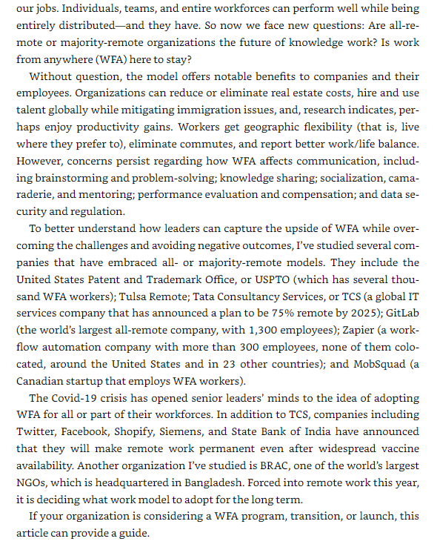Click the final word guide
[136, 534]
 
